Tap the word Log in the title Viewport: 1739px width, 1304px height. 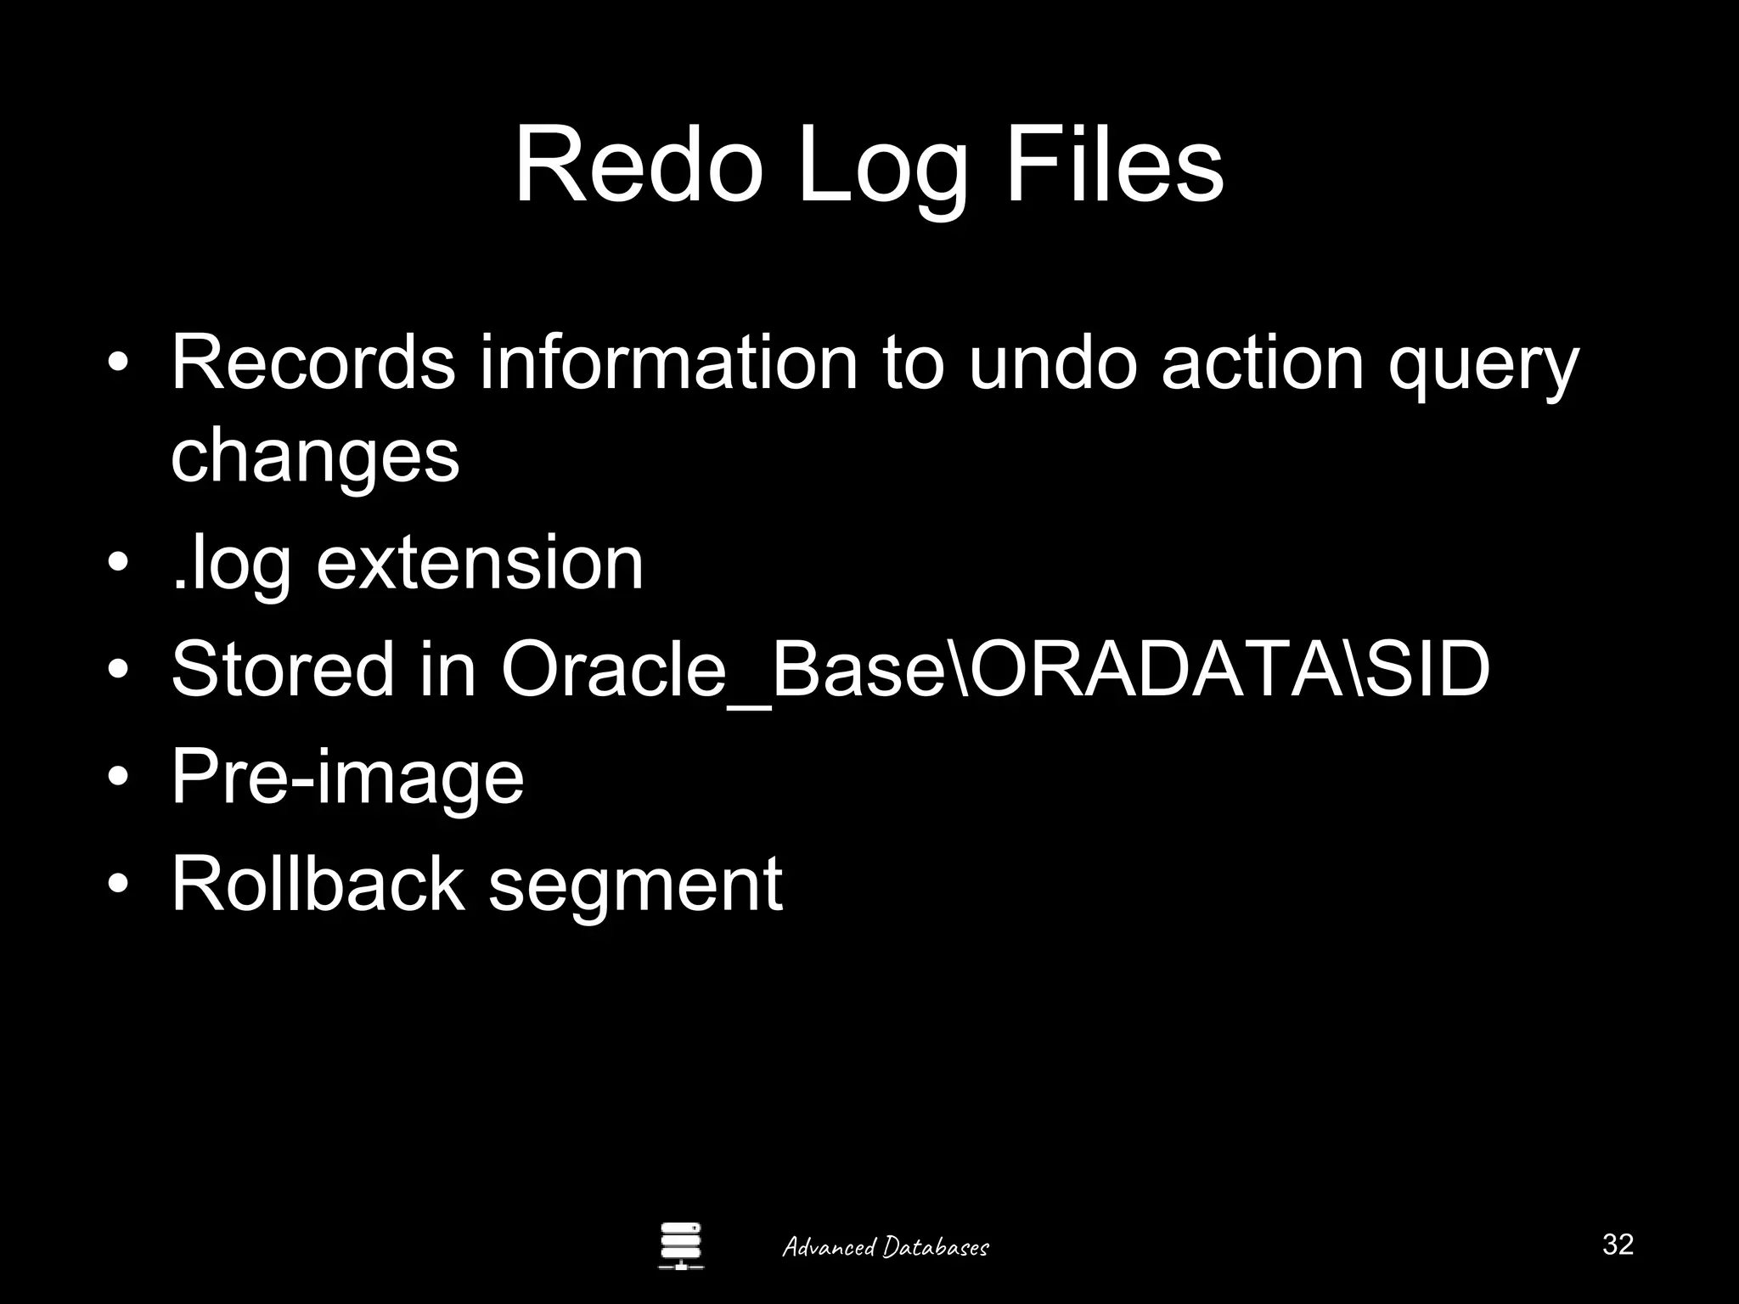tap(883, 170)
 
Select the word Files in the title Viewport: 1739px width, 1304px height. tap(1113, 166)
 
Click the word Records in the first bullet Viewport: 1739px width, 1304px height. tap(312, 363)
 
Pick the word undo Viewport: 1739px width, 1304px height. tap(1052, 363)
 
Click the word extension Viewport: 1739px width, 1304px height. tap(480, 564)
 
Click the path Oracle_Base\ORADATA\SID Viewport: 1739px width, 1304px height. tap(995, 671)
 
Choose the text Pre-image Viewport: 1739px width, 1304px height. tap(347, 779)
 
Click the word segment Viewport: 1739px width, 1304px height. tap(635, 890)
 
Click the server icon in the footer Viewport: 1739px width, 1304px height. tap(681, 1245)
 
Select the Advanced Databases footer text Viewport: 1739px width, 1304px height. tap(885, 1246)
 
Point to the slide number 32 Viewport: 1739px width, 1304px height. tap(1618, 1244)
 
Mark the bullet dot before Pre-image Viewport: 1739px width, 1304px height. tap(119, 777)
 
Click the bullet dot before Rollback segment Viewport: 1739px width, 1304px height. tap(119, 884)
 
